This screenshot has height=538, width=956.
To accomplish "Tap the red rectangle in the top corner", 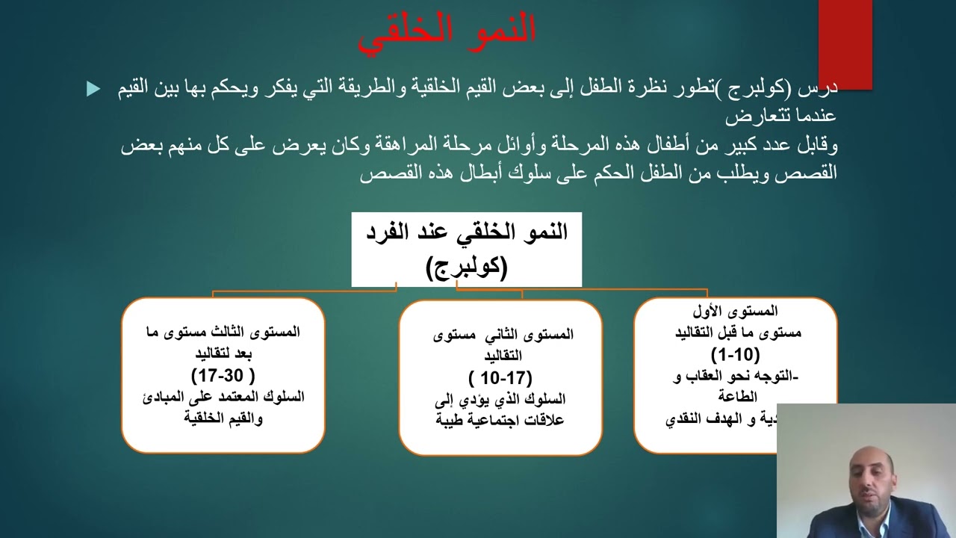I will [x=845, y=43].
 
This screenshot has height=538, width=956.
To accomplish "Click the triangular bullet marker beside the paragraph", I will [x=93, y=89].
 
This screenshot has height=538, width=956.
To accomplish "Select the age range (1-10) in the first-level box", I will [x=735, y=354].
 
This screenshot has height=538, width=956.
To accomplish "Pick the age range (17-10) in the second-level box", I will [x=500, y=377].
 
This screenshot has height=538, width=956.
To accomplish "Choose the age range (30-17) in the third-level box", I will [x=223, y=374].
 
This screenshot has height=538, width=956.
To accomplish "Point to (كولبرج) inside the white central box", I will [x=467, y=267].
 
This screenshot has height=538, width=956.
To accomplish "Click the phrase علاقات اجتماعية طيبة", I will [x=500, y=420].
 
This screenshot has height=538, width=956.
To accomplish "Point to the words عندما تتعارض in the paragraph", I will [x=780, y=117].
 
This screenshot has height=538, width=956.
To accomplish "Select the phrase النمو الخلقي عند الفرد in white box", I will [x=467, y=232].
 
